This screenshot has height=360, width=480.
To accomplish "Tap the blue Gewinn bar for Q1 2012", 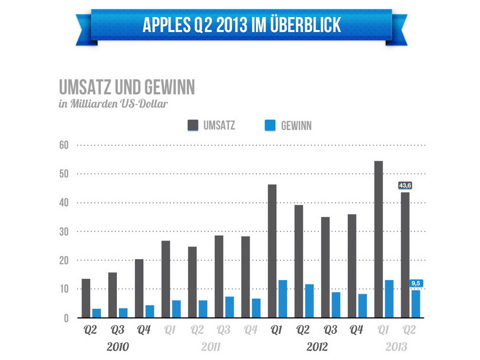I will tap(283, 299).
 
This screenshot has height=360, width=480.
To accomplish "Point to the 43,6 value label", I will tap(405, 186).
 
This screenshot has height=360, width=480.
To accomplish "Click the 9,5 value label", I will tap(416, 284).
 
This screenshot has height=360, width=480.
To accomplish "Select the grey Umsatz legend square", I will tap(193, 125).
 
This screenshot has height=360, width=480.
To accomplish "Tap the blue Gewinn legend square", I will tap(270, 125).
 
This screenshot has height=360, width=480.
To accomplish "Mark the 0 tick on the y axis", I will tap(66, 318).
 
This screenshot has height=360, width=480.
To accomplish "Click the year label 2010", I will tap(117, 347).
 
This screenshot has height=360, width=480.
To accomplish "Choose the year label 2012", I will tap(317, 347).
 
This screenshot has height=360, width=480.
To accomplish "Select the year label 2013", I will tap(397, 347).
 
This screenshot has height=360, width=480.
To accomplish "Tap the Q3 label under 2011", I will tap(223, 330).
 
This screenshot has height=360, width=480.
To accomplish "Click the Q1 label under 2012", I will tap(277, 330).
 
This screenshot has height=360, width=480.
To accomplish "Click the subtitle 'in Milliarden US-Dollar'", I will tap(113, 103).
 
